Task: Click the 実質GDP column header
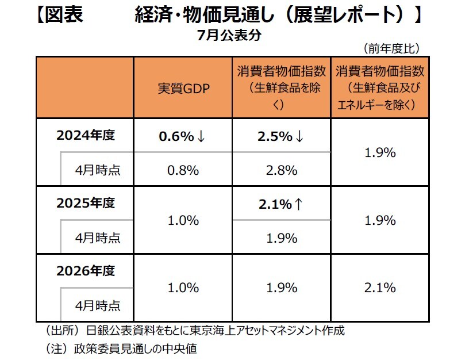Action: click(x=183, y=89)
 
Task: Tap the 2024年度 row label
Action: click(x=86, y=136)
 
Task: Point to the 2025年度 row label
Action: click(x=86, y=203)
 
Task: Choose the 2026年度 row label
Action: click(x=86, y=270)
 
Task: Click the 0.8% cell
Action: click(x=183, y=170)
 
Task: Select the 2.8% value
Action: click(x=281, y=170)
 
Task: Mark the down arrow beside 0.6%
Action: click(x=200, y=136)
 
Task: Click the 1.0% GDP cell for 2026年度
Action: click(x=183, y=288)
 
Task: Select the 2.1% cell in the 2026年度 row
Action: click(x=380, y=288)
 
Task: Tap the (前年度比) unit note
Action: click(x=391, y=47)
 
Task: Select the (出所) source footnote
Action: click(x=195, y=331)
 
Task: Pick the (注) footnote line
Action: click(x=121, y=348)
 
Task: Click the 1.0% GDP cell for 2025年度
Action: click(x=183, y=220)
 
